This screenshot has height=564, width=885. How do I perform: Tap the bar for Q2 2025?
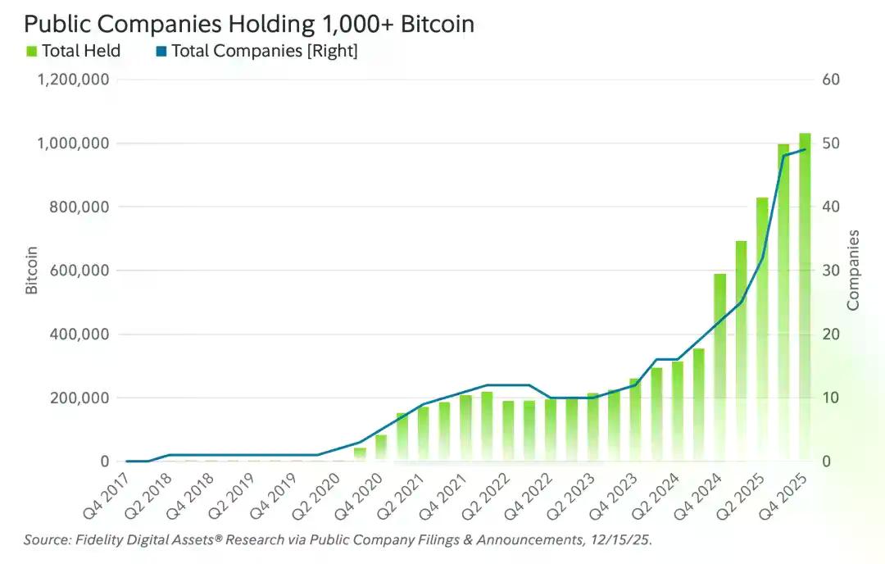click(762, 328)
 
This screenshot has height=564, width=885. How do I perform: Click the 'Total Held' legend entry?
click(81, 51)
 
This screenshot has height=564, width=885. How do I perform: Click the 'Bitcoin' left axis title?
click(32, 271)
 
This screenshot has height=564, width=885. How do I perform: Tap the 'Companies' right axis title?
click(854, 271)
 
